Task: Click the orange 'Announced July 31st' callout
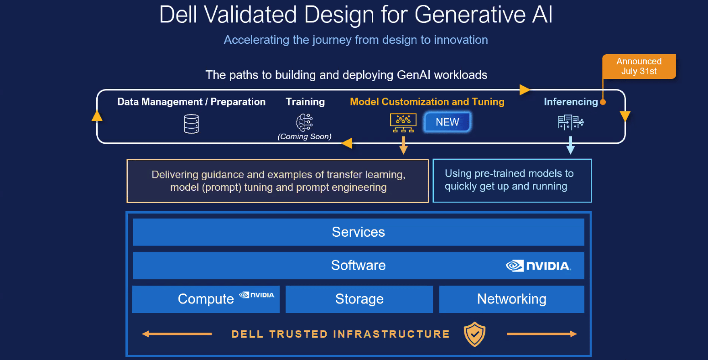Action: pos(639,66)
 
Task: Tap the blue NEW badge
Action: pos(447,122)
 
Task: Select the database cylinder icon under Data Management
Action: pos(192,124)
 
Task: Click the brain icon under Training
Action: pos(304,123)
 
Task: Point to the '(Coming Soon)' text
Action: pos(304,136)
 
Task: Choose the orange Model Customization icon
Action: pos(403,123)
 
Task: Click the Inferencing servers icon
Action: pos(571,122)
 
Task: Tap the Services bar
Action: pos(359,232)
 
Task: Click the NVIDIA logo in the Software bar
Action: pos(538,266)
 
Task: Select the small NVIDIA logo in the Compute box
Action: pos(257,295)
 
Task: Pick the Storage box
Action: pos(359,299)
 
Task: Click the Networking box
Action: pos(512,299)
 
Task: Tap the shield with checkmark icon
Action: pos(474,334)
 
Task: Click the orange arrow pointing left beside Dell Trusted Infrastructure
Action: pos(177,334)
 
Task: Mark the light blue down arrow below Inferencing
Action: pos(571,145)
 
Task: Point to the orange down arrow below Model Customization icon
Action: pos(403,145)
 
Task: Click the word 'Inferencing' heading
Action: pos(571,102)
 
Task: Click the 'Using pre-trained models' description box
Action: pos(512,181)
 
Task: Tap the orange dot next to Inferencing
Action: pos(603,102)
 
